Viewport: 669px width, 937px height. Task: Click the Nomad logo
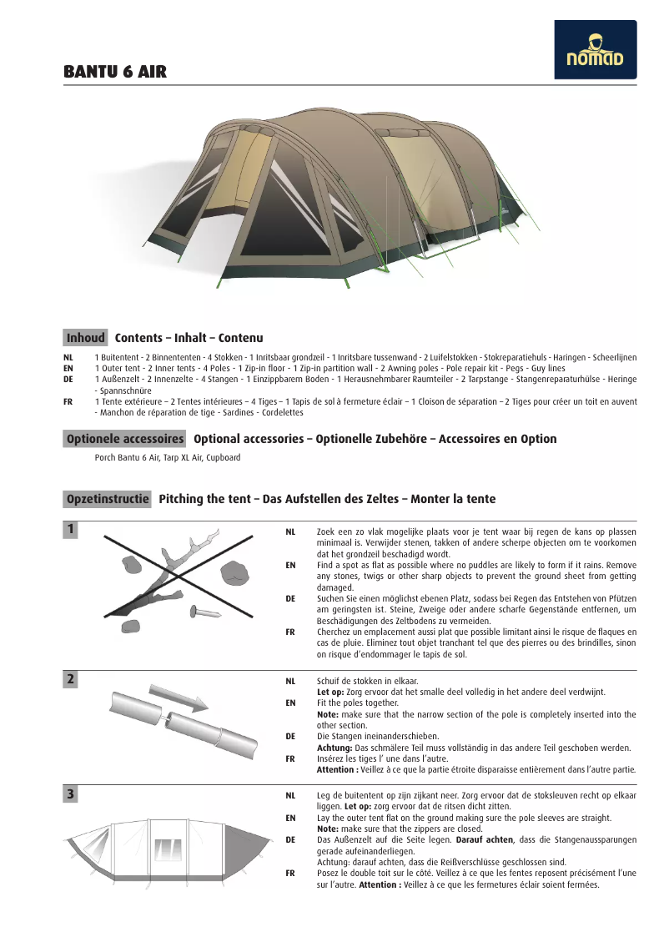595,50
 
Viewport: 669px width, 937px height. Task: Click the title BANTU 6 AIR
115,73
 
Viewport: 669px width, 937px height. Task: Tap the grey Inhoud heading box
86,338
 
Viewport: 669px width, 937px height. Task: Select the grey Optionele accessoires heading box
125,439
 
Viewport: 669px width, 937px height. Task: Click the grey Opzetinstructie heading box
108,499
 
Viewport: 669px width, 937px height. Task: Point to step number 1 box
71,530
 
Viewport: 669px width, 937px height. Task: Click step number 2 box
71,679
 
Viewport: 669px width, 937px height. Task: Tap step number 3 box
71,794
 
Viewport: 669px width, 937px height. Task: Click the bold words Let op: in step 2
330,693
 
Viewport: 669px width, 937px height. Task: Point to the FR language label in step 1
290,632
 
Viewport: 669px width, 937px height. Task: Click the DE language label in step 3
290,840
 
